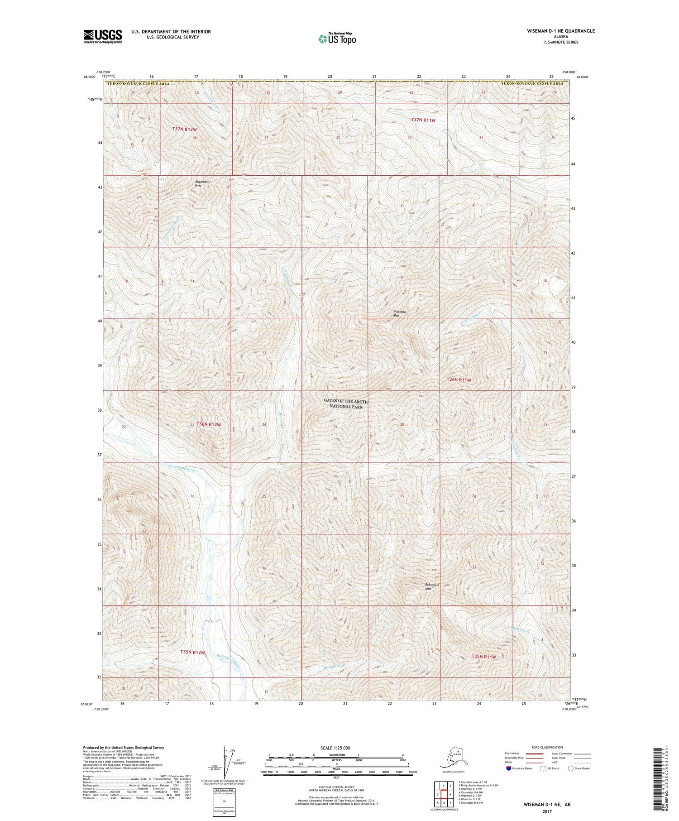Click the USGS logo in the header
103,36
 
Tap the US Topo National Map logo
337,38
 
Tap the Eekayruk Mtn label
433,586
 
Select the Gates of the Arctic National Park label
346,404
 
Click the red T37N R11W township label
423,120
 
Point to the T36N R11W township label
459,380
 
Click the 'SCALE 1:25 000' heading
335,748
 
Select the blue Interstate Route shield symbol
509,768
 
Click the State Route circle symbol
571,768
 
